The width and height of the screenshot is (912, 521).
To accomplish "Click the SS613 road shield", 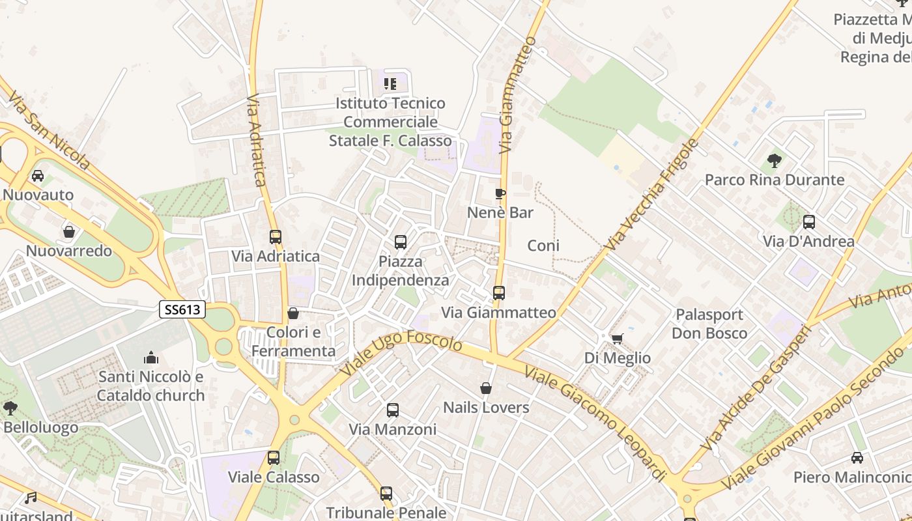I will pyautogui.click(x=182, y=310).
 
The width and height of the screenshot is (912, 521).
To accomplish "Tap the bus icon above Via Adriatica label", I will pyautogui.click(x=276, y=237).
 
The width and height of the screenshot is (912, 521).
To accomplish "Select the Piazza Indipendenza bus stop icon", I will pyautogui.click(x=401, y=242).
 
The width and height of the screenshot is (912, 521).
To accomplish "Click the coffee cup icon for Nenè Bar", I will pyautogui.click(x=500, y=193).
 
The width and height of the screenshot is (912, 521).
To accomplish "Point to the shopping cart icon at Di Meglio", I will pyautogui.click(x=617, y=339).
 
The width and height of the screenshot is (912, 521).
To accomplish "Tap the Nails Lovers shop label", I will pyautogui.click(x=486, y=408).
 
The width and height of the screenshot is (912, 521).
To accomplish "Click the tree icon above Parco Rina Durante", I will pyautogui.click(x=775, y=160).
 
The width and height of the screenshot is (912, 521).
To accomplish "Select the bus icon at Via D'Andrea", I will pyautogui.click(x=809, y=222).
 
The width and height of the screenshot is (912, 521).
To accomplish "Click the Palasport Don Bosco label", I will pyautogui.click(x=709, y=324).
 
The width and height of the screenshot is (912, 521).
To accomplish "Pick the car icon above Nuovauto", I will pyautogui.click(x=38, y=176).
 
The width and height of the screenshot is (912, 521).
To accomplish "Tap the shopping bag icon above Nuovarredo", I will pyautogui.click(x=68, y=232).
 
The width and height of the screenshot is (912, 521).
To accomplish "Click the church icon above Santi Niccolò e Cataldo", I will pyautogui.click(x=151, y=358).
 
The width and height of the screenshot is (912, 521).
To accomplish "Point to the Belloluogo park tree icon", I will pyautogui.click(x=10, y=408).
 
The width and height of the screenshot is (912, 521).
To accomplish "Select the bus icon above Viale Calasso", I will pyautogui.click(x=274, y=458).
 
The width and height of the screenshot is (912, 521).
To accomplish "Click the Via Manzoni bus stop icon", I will pyautogui.click(x=393, y=410).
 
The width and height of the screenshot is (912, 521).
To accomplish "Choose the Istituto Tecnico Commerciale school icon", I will pyautogui.click(x=390, y=83).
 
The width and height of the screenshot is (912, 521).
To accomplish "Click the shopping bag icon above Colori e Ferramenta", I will pyautogui.click(x=293, y=314).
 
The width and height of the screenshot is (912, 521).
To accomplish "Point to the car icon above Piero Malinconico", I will pyautogui.click(x=857, y=458).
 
